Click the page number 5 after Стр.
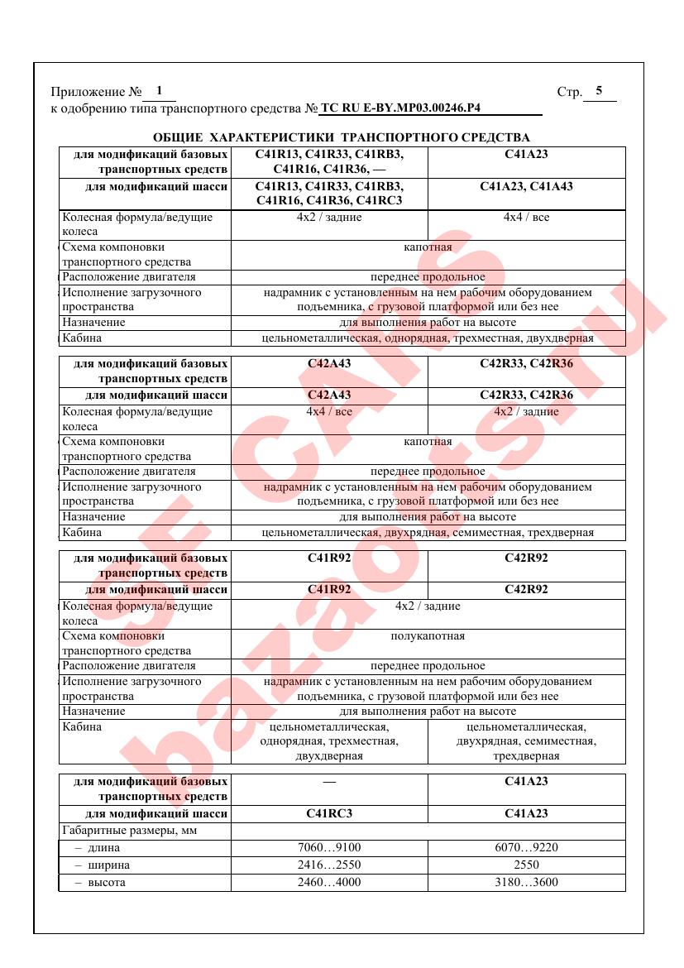(599, 91)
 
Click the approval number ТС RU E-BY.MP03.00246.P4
(400, 108)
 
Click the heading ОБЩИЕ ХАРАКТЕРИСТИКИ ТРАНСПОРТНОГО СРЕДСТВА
(342, 137)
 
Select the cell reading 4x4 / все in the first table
(526, 218)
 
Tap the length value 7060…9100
(329, 847)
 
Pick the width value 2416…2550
(329, 865)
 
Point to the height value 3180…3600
(526, 882)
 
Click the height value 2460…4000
(329, 882)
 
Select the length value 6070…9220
(526, 847)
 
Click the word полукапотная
(428, 636)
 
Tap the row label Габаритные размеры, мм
(129, 830)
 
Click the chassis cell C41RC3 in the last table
(329, 813)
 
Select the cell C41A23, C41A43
(526, 186)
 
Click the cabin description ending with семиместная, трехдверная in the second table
(428, 532)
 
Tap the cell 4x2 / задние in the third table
(428, 606)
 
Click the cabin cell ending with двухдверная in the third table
(329, 741)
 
